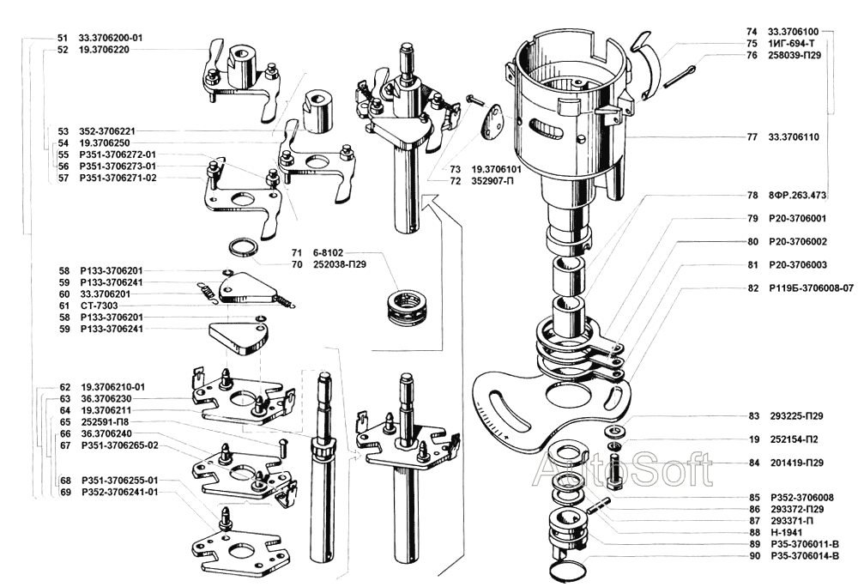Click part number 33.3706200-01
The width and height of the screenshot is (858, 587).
pos(111,39)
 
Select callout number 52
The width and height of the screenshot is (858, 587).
pos(63,50)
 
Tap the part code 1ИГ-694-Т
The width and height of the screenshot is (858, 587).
pos(790,43)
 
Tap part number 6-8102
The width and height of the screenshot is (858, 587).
pos(328,253)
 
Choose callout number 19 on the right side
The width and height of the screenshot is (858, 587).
pos(753,439)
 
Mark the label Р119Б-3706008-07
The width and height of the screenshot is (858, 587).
pos(812,288)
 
